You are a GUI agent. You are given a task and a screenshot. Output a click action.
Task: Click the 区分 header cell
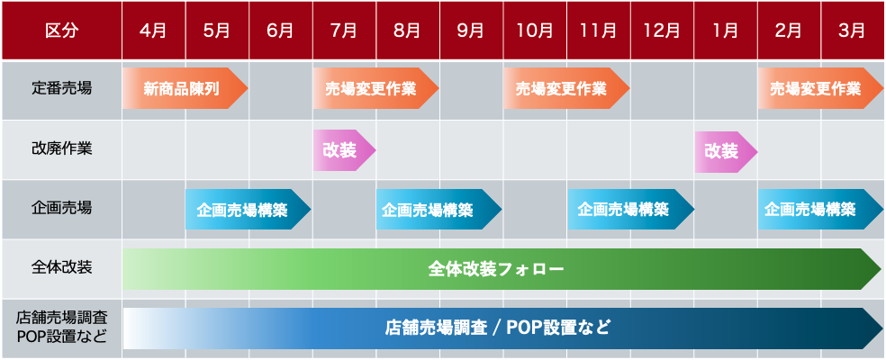(61, 30)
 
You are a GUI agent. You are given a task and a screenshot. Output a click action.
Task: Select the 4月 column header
(154, 30)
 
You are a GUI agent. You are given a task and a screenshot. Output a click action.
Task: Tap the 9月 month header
(471, 30)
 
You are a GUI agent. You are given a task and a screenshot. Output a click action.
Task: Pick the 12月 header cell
(662, 30)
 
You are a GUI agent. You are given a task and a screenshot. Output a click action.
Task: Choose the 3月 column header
(852, 30)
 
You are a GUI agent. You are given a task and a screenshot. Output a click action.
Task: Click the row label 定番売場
(61, 89)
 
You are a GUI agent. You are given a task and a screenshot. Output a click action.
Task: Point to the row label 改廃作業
(61, 148)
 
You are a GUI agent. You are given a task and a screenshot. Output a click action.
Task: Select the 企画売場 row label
(61, 208)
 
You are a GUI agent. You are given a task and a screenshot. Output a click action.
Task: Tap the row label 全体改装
(61, 267)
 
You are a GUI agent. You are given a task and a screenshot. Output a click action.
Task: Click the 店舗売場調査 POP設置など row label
(61, 328)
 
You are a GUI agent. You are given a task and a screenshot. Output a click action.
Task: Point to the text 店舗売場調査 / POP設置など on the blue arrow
(498, 328)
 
